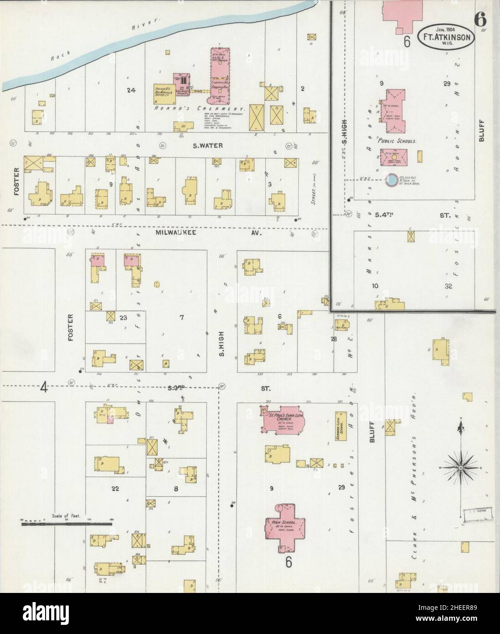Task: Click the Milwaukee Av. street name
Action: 193,232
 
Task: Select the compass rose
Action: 461,466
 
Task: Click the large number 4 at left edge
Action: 44,388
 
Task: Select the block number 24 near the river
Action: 132,90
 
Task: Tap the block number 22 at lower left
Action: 115,488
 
